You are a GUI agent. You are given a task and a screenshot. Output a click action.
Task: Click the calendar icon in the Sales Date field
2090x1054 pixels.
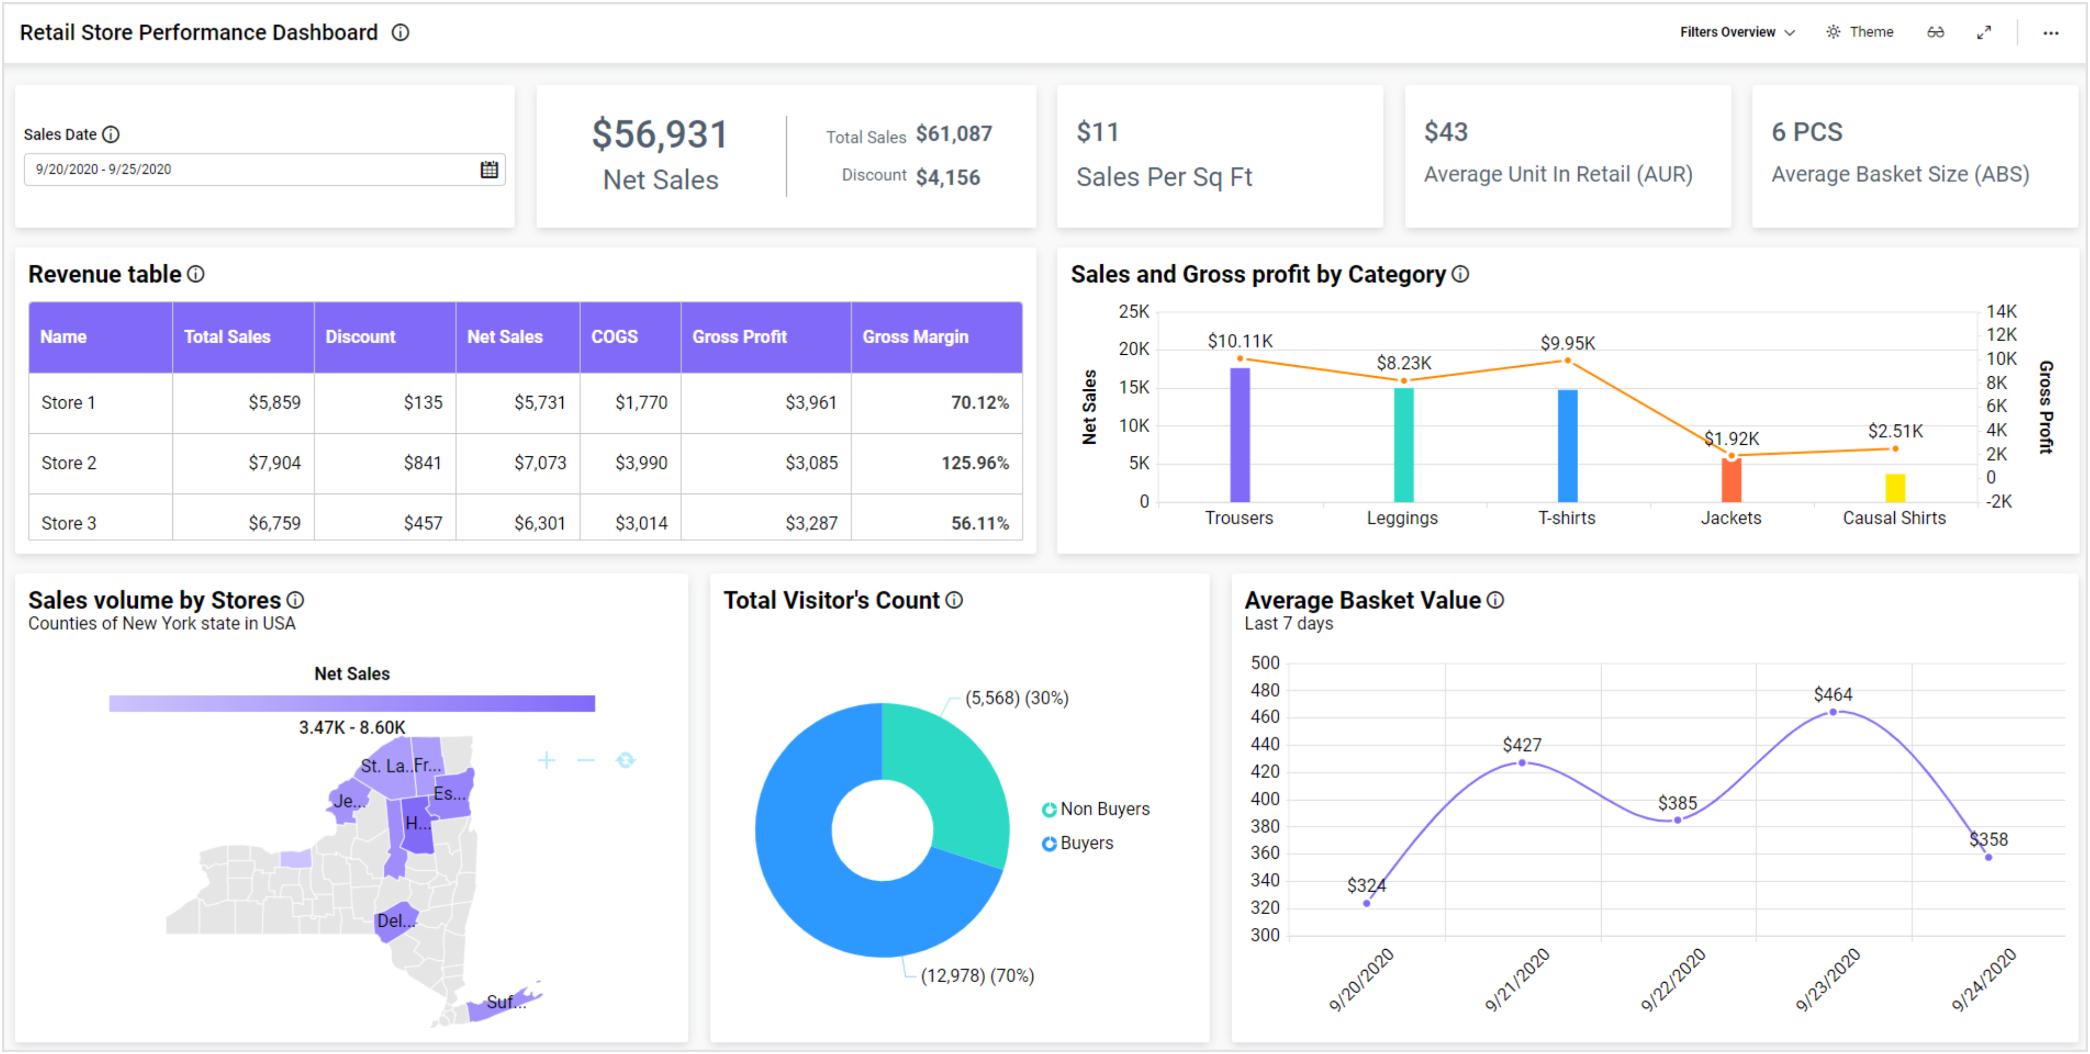pyautogui.click(x=488, y=169)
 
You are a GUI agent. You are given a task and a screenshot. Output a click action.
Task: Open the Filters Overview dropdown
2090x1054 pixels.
pyautogui.click(x=1736, y=32)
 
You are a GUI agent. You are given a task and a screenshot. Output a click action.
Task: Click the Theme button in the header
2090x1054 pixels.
pyautogui.click(x=1860, y=32)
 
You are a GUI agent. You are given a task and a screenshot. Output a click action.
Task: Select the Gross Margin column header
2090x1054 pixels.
pyautogui.click(x=914, y=337)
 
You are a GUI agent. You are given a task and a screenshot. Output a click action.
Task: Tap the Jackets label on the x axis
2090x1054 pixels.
pyautogui.click(x=1731, y=518)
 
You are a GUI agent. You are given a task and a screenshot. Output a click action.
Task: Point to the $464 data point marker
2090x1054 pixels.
pyautogui.click(x=1833, y=712)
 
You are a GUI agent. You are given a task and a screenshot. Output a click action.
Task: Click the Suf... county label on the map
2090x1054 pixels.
pyautogui.click(x=505, y=1002)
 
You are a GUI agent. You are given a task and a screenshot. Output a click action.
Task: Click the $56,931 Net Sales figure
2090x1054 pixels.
pyautogui.click(x=659, y=135)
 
